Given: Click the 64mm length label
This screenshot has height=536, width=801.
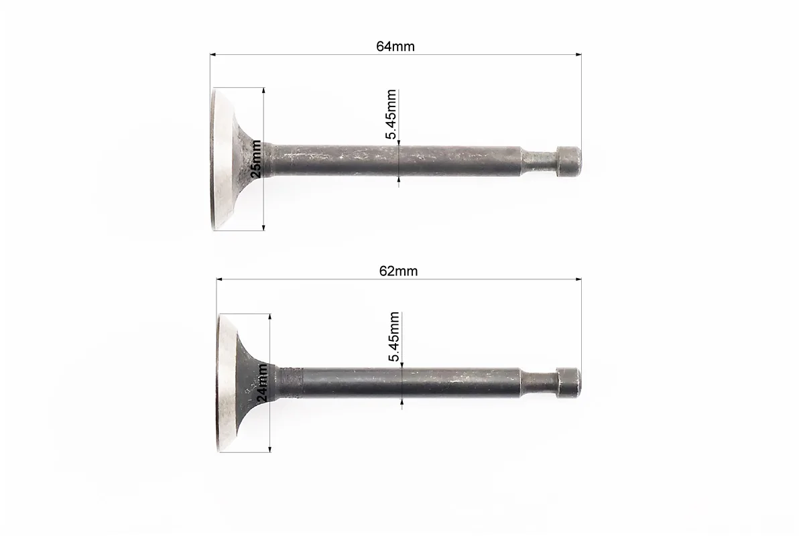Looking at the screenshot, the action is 395,46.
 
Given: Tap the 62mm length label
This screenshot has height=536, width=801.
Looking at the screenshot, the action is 398,271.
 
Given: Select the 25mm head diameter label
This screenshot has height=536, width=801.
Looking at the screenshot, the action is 256,159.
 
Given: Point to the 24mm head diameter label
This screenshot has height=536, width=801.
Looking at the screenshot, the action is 261,383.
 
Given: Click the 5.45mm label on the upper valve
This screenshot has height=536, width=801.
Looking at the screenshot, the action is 391,115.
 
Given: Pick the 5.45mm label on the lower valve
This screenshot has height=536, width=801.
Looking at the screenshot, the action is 394,337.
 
